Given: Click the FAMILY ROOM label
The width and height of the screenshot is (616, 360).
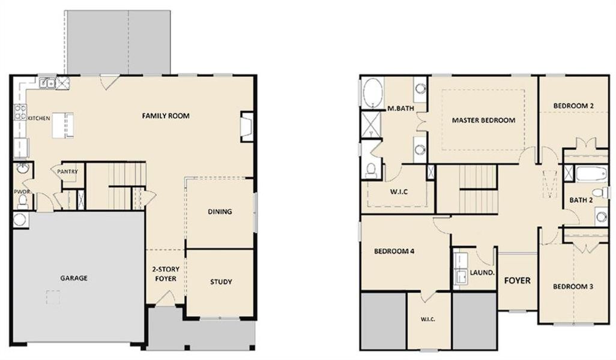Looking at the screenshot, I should (166, 115).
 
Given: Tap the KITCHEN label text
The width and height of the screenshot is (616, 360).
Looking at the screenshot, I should (38, 118).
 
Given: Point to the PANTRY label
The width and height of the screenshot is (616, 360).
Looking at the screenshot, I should (67, 172).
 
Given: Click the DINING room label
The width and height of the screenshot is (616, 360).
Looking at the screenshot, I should (220, 211).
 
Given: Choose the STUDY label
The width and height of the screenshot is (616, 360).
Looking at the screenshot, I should (220, 281).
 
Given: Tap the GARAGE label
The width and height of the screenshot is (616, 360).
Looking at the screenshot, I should (74, 278).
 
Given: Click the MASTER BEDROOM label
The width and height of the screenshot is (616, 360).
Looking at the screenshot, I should (483, 120).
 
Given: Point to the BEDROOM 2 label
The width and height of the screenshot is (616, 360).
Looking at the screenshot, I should (573, 106).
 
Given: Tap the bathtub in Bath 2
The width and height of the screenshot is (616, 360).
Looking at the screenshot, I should (591, 175).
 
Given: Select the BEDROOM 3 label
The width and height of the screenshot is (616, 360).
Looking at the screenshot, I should (573, 287).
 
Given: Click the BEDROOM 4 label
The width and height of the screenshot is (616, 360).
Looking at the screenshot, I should (394, 251).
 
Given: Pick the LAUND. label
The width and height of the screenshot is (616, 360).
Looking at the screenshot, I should (482, 272).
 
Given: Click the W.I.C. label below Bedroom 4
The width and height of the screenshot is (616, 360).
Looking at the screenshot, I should (428, 319).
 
